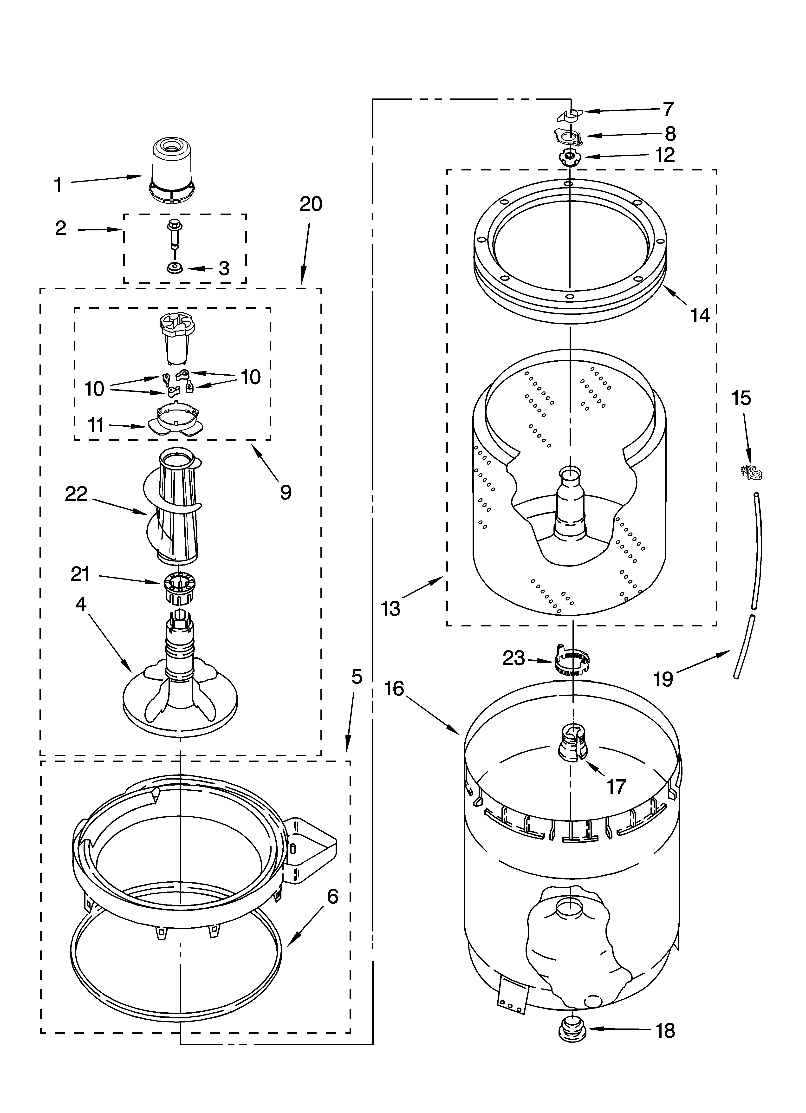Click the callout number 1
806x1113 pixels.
58,185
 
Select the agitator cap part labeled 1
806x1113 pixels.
172,169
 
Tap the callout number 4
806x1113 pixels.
81,605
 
